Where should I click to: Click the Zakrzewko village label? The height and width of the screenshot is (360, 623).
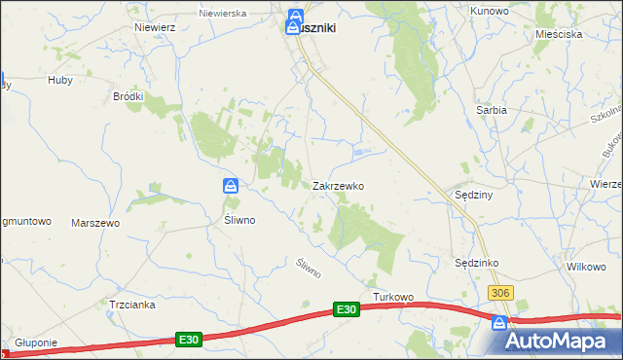point(338,185)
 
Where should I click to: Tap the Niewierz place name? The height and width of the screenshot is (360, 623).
point(156,27)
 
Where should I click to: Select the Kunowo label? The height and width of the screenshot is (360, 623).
point(490,11)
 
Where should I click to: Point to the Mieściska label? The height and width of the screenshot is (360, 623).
point(559,34)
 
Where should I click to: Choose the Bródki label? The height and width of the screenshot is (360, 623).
point(128,96)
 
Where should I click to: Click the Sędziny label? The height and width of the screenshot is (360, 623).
point(475,195)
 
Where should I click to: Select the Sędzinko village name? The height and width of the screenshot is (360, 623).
point(477,263)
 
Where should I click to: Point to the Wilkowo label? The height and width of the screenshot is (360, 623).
point(586,266)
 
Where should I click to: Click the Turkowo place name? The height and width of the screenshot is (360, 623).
point(394,297)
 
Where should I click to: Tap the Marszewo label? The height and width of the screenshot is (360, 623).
point(95,223)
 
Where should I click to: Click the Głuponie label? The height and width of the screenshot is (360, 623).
point(37,342)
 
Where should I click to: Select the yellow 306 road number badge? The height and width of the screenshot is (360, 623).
point(500,294)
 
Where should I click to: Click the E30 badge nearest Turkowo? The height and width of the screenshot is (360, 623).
point(347,309)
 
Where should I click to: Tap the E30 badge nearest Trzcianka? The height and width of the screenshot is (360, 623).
point(189,339)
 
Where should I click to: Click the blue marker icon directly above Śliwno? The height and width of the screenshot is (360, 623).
point(231,186)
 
